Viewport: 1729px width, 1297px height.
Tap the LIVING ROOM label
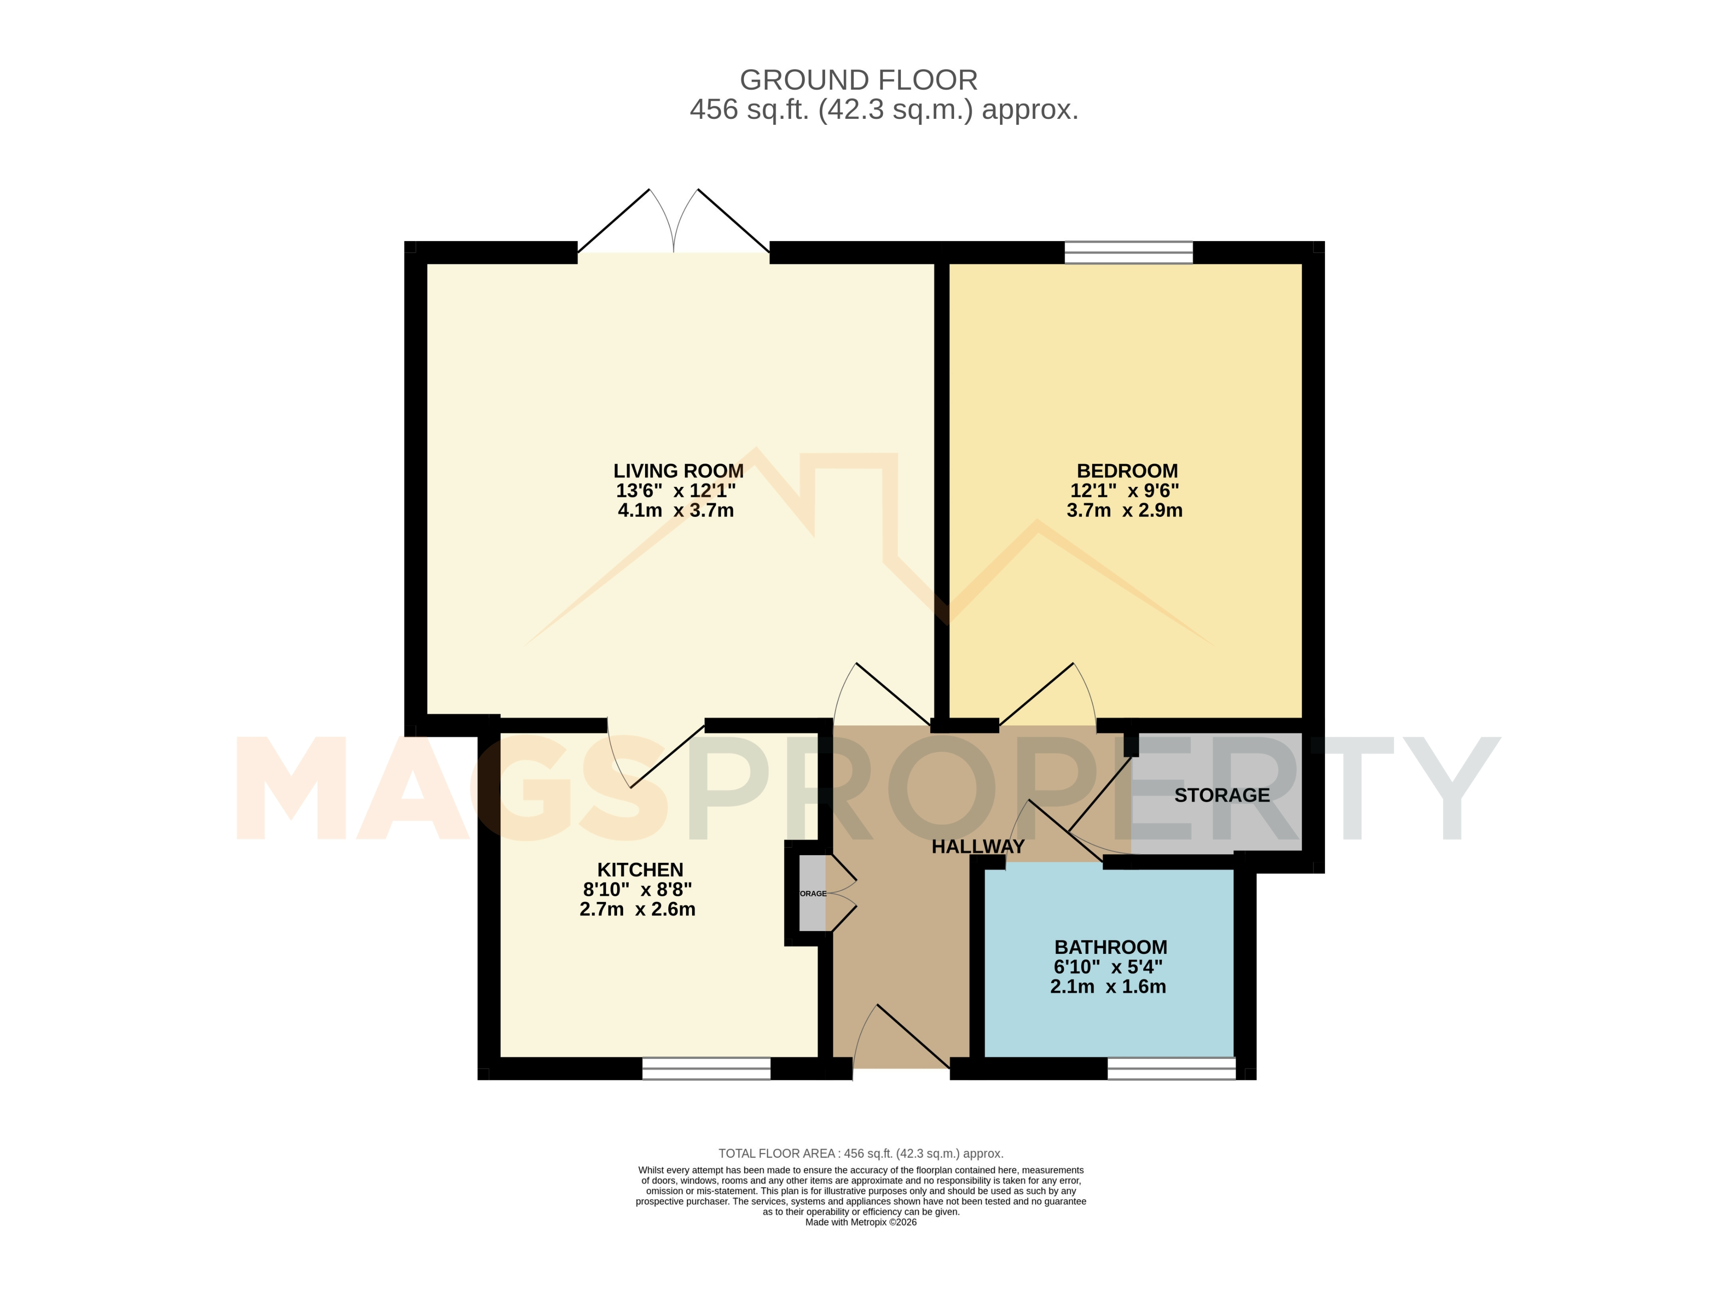coord(678,471)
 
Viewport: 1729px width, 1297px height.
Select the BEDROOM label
coord(1127,471)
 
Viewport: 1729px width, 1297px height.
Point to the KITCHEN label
coord(640,869)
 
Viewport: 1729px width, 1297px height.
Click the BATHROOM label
coord(1111,947)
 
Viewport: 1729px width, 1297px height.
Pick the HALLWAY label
coord(978,846)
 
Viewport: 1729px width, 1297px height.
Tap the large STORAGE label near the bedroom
coord(1222,795)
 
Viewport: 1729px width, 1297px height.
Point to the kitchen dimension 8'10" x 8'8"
coord(637,890)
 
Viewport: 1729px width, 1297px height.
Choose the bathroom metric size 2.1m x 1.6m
coord(1108,986)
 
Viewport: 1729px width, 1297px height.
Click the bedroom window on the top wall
coord(1129,253)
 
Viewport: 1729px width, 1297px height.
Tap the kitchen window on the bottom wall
coord(706,1069)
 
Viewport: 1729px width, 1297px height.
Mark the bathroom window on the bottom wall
coord(1172,1069)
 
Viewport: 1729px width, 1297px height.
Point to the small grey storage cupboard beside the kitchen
coord(812,893)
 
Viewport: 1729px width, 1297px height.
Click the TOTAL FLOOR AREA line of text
coord(861,1153)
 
